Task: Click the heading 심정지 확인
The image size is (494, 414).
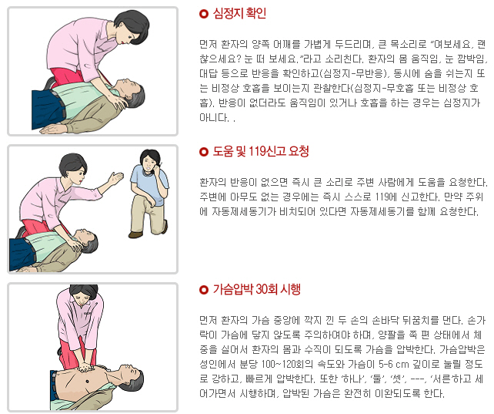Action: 239,14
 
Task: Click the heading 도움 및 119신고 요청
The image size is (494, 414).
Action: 261,151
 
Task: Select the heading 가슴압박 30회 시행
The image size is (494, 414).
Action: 257,289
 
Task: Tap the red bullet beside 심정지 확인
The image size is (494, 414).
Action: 204,14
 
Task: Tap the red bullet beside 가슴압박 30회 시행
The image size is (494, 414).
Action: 204,289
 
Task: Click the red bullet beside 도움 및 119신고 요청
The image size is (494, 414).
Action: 204,152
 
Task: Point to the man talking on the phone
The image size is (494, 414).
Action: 149,193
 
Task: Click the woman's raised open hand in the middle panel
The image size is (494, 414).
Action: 115,178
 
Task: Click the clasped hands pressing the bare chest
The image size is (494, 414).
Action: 85,367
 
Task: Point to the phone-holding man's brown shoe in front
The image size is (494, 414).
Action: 135,234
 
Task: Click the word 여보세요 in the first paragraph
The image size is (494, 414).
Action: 452,44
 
